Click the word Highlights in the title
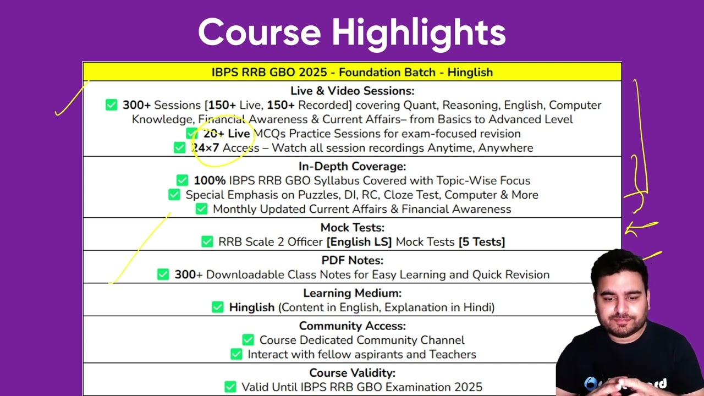(x=419, y=34)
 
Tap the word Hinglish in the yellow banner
(x=470, y=73)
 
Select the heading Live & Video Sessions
(x=353, y=91)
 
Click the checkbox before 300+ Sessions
(x=111, y=105)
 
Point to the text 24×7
(x=205, y=148)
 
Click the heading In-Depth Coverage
(x=353, y=166)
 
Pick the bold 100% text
(x=210, y=181)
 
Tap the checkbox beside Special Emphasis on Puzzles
(x=174, y=195)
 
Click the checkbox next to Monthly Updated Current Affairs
(x=201, y=209)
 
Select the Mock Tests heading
(x=353, y=228)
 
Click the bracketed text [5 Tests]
(x=481, y=242)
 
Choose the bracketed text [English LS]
(x=359, y=242)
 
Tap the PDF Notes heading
(x=353, y=260)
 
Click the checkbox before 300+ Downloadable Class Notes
(x=163, y=274)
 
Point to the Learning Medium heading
(x=353, y=293)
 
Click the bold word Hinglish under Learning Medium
(x=252, y=307)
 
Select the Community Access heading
(x=353, y=326)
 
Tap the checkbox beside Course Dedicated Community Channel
(x=248, y=340)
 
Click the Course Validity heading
(x=353, y=373)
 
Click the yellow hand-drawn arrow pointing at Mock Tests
(x=640, y=228)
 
